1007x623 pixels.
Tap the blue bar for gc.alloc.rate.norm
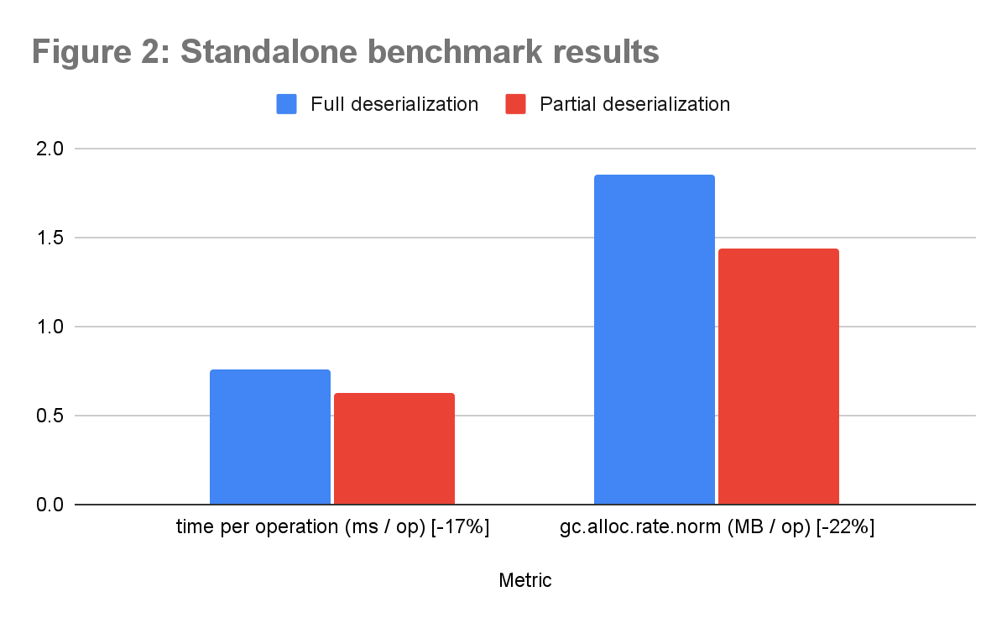pyautogui.click(x=655, y=339)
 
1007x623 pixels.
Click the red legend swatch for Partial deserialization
pyautogui.click(x=515, y=104)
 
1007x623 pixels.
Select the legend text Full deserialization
pyautogui.click(x=394, y=104)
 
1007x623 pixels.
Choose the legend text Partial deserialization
pyautogui.click(x=634, y=104)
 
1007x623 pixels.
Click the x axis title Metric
pyautogui.click(x=525, y=580)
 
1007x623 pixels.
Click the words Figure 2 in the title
pyautogui.click(x=99, y=52)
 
